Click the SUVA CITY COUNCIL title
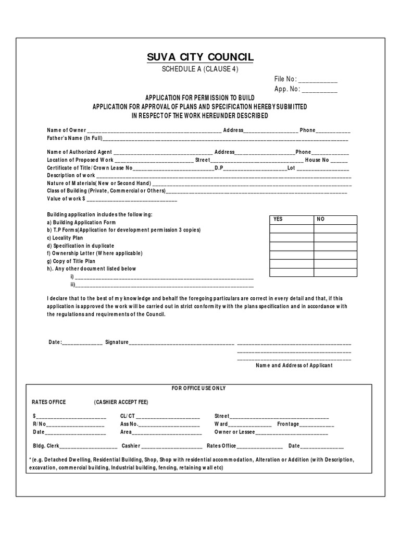200,57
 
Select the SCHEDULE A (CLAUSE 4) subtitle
201,70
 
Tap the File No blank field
318,80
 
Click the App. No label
285,89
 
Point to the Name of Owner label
67,130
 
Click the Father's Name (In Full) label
75,138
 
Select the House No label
317,160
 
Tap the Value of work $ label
66,199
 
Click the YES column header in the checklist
278,220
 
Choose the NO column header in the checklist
320,220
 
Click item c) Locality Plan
65,238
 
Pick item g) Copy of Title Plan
71,261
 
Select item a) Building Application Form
81,222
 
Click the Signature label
117,342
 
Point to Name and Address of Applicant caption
294,366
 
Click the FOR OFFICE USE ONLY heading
199,389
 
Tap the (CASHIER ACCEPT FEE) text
121,402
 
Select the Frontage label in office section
288,424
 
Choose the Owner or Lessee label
234,432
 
